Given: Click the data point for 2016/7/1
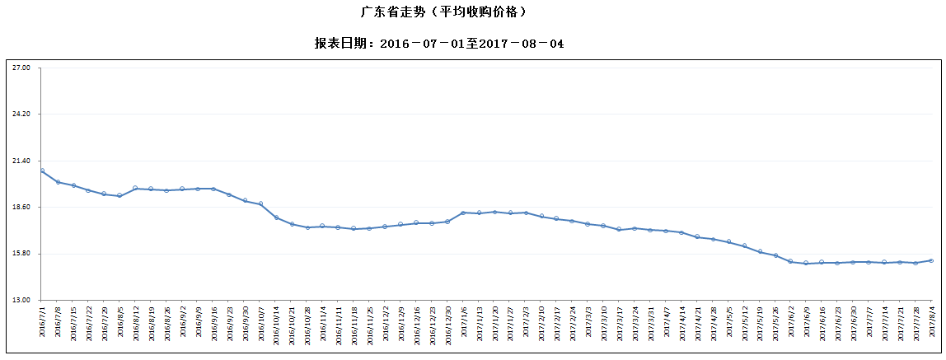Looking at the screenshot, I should tap(42, 171).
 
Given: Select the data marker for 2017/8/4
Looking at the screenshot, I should tap(931, 260).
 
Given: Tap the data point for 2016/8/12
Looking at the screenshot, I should tap(135, 188).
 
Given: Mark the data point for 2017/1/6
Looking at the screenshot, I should tap(463, 213).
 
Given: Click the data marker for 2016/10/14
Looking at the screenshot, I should tap(276, 217).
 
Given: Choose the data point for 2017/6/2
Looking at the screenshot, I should tap(790, 261).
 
